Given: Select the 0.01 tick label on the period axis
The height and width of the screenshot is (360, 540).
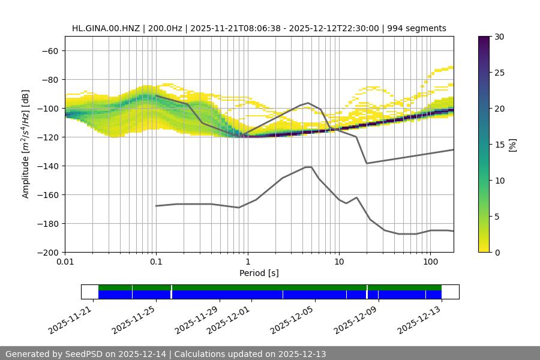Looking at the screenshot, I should coord(65,262).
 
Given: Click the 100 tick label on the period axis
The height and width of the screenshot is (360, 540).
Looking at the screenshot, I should coord(430,262).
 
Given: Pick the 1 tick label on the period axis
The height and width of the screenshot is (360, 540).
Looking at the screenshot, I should coord(247,262).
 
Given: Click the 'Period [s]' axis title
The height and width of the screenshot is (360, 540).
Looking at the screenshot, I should coord(259,273).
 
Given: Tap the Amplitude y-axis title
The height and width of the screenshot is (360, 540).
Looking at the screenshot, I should coord(26,144).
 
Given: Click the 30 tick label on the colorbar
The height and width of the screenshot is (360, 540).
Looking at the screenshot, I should coord(499,37).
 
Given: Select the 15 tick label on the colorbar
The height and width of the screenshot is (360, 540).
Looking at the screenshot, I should coord(499,145).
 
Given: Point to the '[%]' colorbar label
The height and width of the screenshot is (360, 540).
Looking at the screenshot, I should coord(512,145).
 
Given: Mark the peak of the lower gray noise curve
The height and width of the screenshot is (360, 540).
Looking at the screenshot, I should coord(308,167).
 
